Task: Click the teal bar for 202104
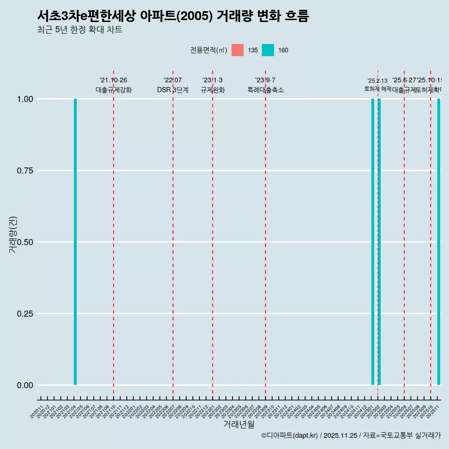(75, 242)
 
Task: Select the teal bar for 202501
(373, 242)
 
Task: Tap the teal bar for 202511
(439, 242)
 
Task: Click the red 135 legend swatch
(238, 50)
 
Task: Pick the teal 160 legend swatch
(268, 50)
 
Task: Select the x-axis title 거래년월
(239, 425)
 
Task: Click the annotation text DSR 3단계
(173, 90)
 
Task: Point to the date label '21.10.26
(113, 80)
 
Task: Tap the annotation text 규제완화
(213, 90)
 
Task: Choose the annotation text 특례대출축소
(266, 90)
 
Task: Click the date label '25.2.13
(377, 81)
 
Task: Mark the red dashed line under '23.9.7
(266, 234)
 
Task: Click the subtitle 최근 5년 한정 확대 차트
(80, 30)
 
